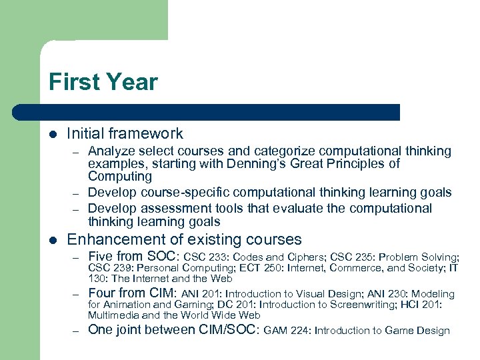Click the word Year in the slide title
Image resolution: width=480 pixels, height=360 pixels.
(x=129, y=82)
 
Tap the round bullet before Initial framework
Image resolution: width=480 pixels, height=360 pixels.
(x=53, y=134)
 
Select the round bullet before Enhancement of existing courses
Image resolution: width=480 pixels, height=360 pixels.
(x=53, y=239)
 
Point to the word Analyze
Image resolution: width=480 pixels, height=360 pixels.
(x=111, y=151)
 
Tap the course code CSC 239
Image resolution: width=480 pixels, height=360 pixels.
(x=109, y=268)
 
